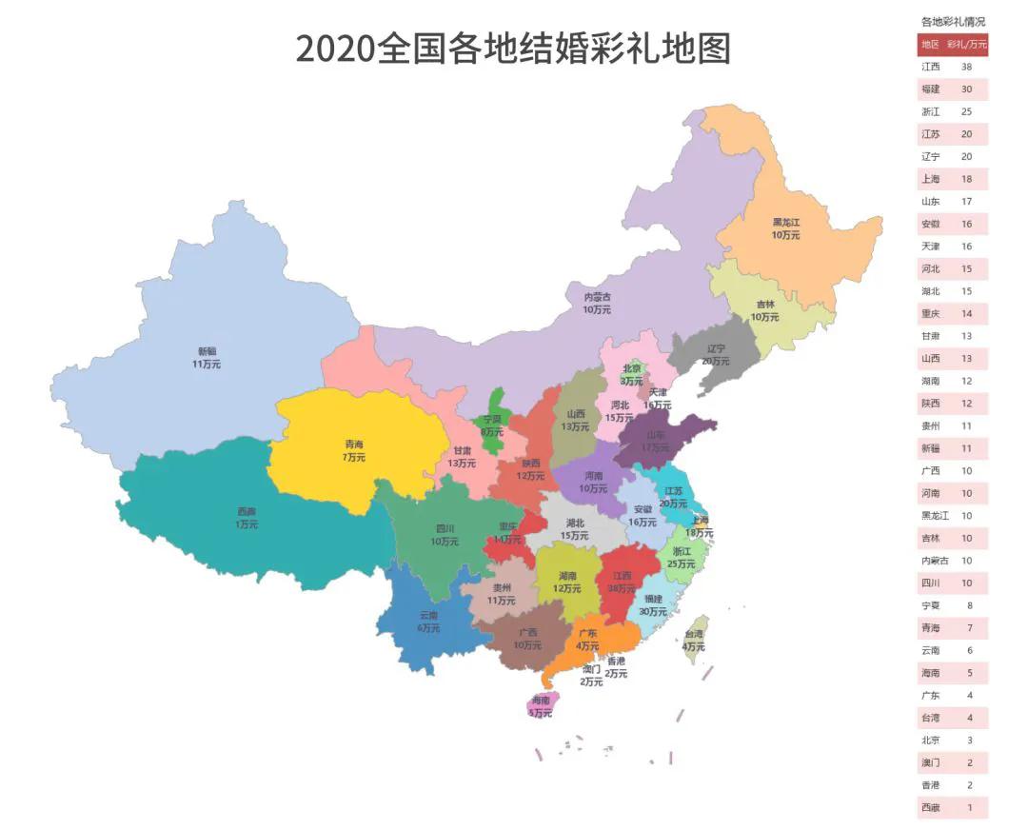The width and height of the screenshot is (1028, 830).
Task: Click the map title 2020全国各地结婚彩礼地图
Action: (x=513, y=49)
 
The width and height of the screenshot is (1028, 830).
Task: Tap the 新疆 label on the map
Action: (x=207, y=357)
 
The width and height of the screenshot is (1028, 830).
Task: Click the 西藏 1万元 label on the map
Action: (x=247, y=518)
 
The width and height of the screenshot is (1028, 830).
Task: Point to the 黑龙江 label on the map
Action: (x=786, y=227)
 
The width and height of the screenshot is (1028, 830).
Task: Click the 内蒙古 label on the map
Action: (x=597, y=303)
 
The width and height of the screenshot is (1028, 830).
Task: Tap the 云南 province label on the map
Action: (x=428, y=622)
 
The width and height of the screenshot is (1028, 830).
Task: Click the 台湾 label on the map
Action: (x=694, y=640)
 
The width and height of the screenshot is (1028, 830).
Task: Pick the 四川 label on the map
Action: (x=445, y=535)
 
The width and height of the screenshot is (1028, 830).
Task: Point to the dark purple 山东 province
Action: (x=655, y=441)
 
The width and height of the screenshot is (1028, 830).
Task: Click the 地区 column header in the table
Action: (x=930, y=45)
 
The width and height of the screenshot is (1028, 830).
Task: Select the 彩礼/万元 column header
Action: (x=967, y=45)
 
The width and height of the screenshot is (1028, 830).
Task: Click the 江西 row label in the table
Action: (x=930, y=67)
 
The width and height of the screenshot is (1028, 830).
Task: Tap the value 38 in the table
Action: (x=966, y=67)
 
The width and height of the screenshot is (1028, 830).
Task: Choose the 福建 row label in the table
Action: (x=930, y=89)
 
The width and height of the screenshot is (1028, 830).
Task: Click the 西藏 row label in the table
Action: (x=930, y=808)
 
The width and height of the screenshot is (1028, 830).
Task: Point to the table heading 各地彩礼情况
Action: (x=953, y=21)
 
